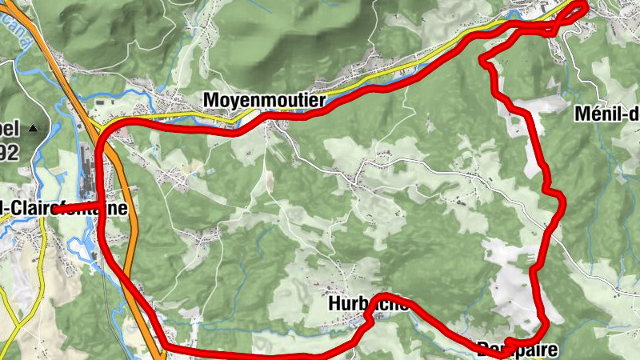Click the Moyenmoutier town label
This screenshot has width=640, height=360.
point(264,101)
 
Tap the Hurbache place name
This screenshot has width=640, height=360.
point(369,304)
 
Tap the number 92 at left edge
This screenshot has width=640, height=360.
point(9,152)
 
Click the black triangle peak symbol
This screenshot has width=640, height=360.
point(33,128)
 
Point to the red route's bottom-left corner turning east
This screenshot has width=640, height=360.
point(166,347)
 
